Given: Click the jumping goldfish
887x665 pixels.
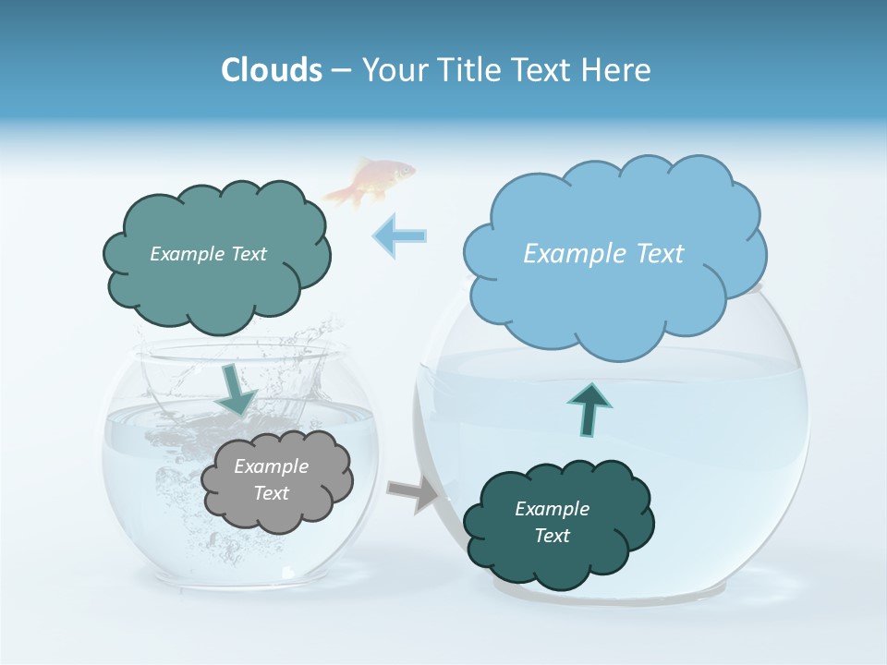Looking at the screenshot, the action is (370, 180).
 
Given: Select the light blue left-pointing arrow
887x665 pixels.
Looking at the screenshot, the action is (399, 236).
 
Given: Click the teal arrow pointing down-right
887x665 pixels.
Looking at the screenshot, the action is (238, 390).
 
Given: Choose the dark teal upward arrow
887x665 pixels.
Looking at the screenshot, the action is (589, 408).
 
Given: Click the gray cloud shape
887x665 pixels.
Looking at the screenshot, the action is (277, 480).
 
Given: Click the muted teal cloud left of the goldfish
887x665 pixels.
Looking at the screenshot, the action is (215, 254).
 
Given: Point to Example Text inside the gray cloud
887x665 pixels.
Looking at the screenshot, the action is (272, 480).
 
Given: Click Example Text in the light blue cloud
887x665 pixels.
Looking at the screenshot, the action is (603, 254).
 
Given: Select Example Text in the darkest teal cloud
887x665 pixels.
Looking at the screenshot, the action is (553, 523).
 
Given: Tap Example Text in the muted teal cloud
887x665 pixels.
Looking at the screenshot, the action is (208, 254).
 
